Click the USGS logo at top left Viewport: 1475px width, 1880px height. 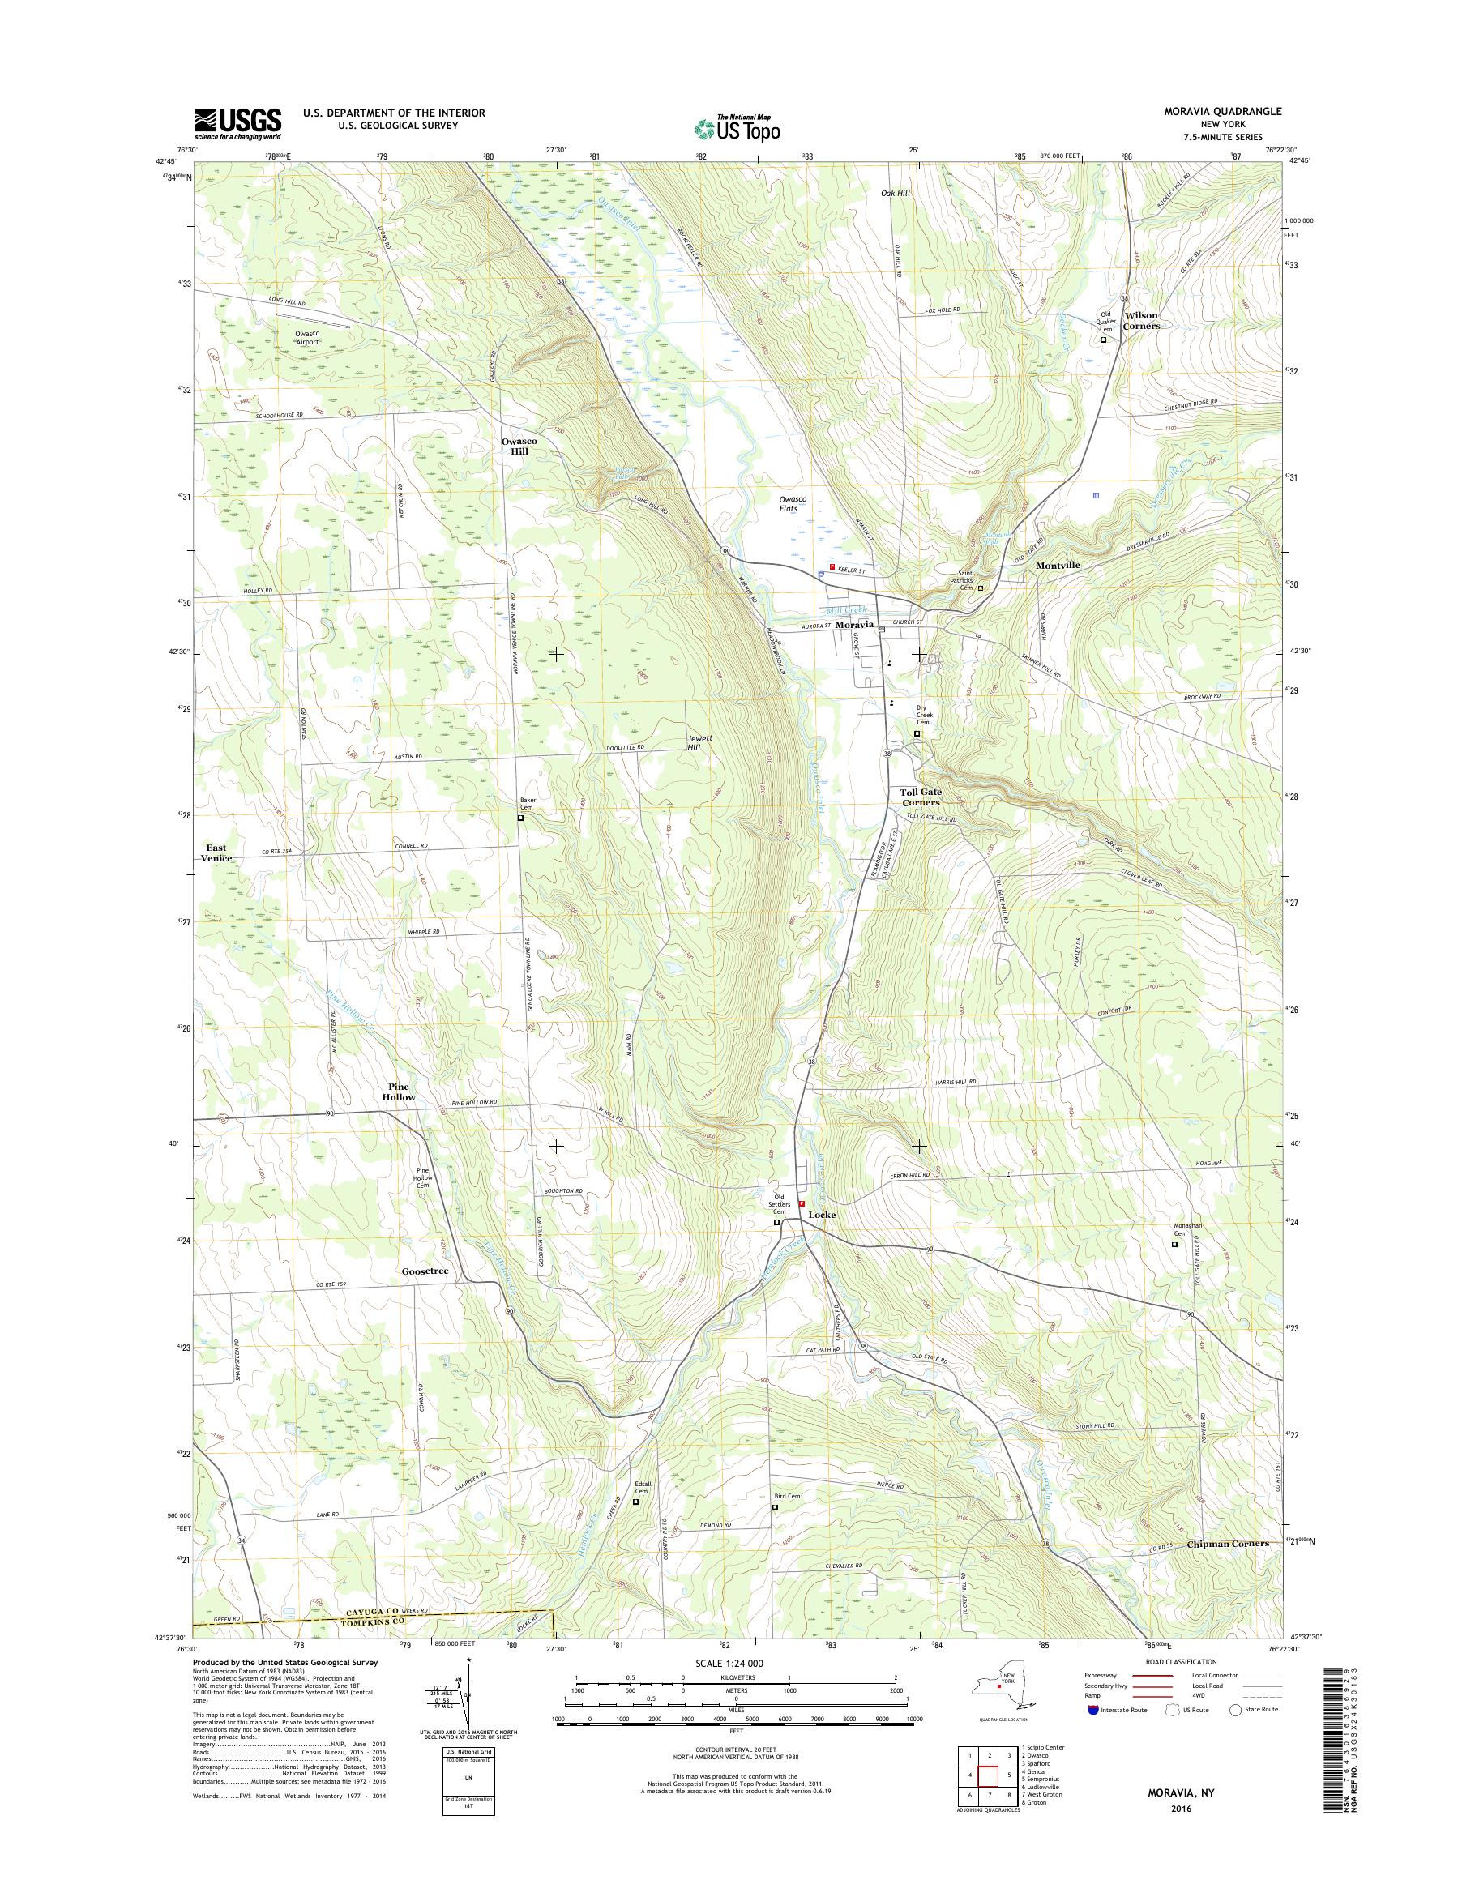click(x=237, y=123)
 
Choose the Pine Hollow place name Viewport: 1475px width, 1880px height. click(x=400, y=1092)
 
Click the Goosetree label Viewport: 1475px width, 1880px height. click(x=425, y=1272)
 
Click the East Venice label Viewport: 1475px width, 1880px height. click(x=216, y=852)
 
